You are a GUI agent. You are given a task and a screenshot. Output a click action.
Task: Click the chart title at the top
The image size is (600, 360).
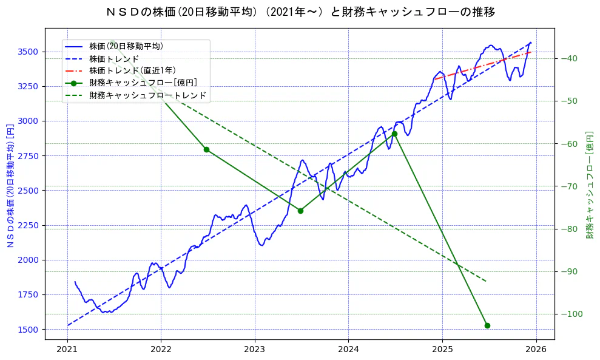pos(300,12)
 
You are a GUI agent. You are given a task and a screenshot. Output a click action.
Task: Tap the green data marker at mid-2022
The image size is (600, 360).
pos(206,149)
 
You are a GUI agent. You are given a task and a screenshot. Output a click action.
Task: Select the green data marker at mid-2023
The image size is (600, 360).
pos(300,211)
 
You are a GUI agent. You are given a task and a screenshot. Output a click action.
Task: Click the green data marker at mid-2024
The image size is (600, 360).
pos(394,134)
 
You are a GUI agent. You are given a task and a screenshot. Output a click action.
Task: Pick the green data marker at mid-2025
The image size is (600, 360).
pos(487,325)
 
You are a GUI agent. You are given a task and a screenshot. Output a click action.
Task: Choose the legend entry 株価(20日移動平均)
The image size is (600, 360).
pos(126,46)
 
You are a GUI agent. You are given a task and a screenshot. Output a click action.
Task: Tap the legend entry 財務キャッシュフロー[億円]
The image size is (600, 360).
pos(143,83)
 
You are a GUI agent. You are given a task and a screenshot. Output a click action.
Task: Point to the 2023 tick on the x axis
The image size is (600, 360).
pos(255,350)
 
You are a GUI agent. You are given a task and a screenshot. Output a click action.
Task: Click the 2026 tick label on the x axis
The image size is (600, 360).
pos(536,350)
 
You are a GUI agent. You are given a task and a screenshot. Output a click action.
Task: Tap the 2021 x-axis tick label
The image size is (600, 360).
pos(67,350)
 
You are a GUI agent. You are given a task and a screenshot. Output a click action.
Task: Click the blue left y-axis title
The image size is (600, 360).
pos(10,186)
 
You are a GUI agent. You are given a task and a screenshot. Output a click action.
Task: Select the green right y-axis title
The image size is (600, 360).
pos(589,185)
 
